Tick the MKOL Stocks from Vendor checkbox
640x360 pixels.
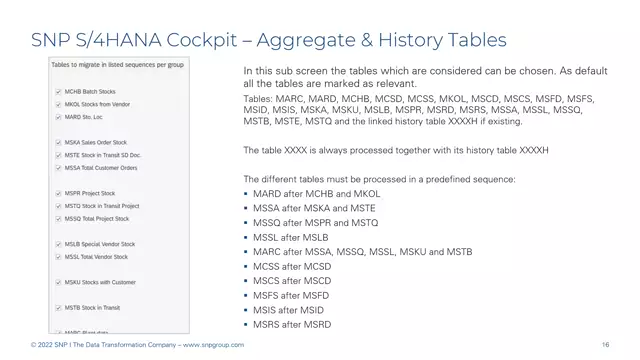[x=58, y=103]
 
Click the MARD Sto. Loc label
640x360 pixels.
[x=86, y=116]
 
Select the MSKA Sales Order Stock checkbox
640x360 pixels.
[x=58, y=142]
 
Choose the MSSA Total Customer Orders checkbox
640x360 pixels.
[x=58, y=167]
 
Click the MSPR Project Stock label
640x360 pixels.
[x=91, y=193]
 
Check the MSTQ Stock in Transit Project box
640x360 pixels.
[x=58, y=205]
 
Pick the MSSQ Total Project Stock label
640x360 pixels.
[x=97, y=218]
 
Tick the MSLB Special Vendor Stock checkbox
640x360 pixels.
[x=58, y=244]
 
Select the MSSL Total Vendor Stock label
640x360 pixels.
[x=98, y=256]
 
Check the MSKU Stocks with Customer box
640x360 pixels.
[x=58, y=282]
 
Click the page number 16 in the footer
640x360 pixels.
[x=607, y=345]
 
